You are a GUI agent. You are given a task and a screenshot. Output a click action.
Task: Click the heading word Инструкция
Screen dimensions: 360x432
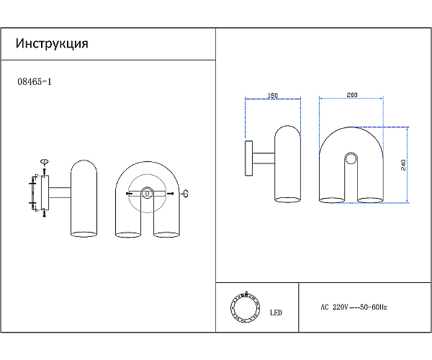point(52,44)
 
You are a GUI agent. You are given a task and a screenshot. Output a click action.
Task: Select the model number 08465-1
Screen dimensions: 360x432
point(34,82)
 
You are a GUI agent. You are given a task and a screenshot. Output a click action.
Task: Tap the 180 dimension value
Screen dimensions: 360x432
point(273,95)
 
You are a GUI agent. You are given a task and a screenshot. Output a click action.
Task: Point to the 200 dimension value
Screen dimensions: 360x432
point(352,95)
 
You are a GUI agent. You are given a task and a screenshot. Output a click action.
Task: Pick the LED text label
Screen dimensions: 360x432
point(276,312)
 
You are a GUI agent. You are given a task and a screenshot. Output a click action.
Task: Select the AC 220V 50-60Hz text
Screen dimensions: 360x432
point(354,307)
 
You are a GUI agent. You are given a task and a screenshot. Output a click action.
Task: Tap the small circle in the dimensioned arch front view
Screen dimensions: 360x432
point(351,158)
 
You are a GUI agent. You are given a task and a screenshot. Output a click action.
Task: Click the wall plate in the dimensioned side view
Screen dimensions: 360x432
point(248,158)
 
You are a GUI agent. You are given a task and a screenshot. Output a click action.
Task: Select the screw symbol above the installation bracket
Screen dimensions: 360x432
point(44,162)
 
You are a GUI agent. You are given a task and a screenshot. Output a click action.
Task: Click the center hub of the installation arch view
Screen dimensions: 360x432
point(146,192)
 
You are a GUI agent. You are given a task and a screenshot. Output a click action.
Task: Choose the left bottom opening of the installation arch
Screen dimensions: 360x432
point(127,234)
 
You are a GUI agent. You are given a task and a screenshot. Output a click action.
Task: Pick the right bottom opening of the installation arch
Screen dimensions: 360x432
point(166,234)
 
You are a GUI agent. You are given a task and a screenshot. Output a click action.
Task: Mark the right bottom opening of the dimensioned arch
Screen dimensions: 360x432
point(371,199)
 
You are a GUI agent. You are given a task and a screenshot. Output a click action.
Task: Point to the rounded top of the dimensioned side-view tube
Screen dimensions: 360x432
point(287,130)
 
